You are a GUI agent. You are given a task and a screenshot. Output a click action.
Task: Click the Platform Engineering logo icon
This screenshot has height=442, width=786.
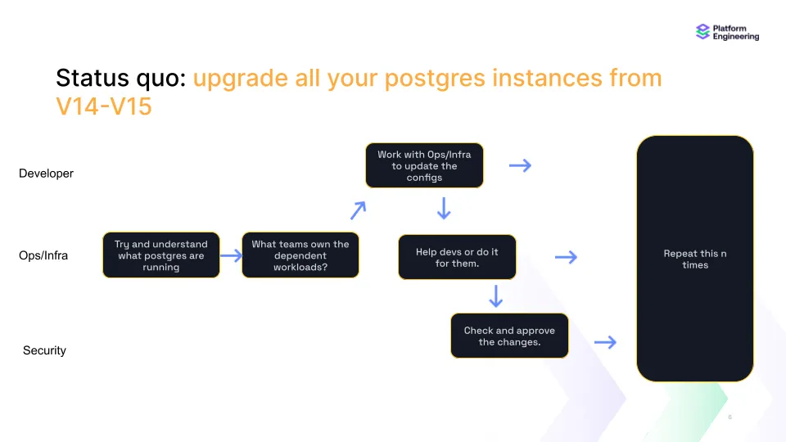(x=702, y=32)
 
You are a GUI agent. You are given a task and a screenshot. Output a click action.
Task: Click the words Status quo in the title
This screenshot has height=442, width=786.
(x=121, y=79)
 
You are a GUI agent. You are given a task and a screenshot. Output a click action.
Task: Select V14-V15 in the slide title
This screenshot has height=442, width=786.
(x=104, y=106)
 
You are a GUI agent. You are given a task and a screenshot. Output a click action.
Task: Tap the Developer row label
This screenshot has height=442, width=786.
(x=46, y=174)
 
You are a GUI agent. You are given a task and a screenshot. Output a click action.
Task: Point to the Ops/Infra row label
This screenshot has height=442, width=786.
(x=43, y=255)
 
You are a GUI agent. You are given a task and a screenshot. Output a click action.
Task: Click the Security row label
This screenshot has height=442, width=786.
(x=44, y=350)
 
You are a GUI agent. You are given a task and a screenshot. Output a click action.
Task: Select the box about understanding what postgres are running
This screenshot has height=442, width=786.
(x=161, y=255)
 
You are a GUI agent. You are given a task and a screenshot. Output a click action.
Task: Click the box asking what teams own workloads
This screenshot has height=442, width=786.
(x=300, y=255)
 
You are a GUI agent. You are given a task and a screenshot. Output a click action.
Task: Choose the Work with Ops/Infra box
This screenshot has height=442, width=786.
(x=424, y=165)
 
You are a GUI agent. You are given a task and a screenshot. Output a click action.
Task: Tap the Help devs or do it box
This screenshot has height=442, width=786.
(x=457, y=257)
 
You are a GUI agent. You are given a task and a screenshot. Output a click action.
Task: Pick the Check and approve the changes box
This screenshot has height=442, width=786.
(x=509, y=336)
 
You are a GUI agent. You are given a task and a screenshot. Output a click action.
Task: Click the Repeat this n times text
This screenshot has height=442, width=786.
(x=695, y=259)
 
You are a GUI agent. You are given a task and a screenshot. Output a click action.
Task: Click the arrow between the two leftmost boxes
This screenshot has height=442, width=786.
(x=231, y=255)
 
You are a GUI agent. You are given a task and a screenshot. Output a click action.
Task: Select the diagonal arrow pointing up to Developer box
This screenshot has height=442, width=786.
(x=358, y=210)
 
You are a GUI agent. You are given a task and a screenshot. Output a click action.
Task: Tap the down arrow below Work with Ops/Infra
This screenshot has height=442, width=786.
(x=444, y=209)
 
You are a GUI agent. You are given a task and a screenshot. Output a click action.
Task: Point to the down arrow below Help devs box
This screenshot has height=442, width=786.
(x=495, y=295)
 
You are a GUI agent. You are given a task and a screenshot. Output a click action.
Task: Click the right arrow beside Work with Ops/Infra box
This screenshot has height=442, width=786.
(x=520, y=165)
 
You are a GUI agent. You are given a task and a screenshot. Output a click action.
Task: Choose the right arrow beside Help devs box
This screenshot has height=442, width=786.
(x=566, y=257)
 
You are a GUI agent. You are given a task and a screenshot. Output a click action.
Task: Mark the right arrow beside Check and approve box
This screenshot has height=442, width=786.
(x=605, y=342)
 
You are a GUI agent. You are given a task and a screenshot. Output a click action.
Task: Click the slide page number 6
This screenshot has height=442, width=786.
(x=730, y=417)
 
